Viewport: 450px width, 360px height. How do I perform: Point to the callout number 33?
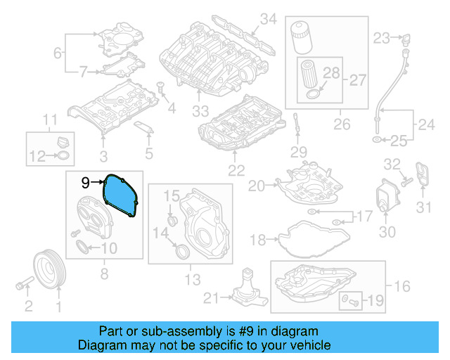pos(201,111)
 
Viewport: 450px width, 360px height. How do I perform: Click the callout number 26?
pos(342,125)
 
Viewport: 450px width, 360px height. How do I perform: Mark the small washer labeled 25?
pos(377,141)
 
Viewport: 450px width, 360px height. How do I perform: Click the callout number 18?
pos(258,240)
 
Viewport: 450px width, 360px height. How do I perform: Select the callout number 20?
pos(255,186)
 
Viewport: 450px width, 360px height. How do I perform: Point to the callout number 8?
pos(103,274)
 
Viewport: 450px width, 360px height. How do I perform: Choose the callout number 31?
pos(423,207)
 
